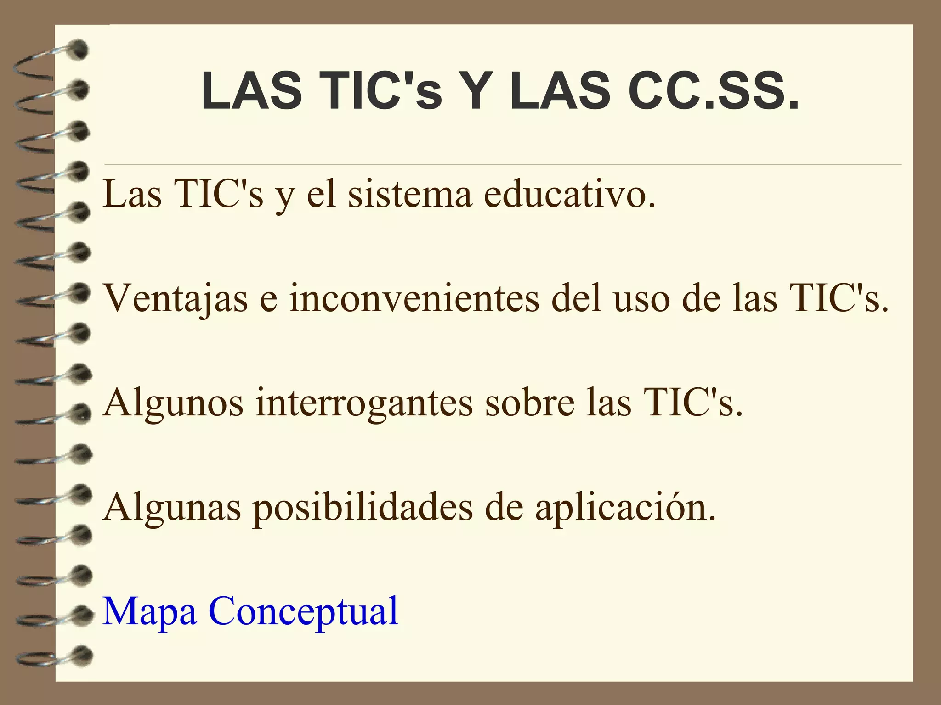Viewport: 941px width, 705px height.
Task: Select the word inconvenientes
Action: [x=414, y=298]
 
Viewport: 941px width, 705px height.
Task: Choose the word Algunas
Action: [x=172, y=508]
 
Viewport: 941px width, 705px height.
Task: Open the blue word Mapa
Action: [x=150, y=612]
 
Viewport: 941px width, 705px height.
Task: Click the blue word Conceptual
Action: [x=303, y=612]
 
